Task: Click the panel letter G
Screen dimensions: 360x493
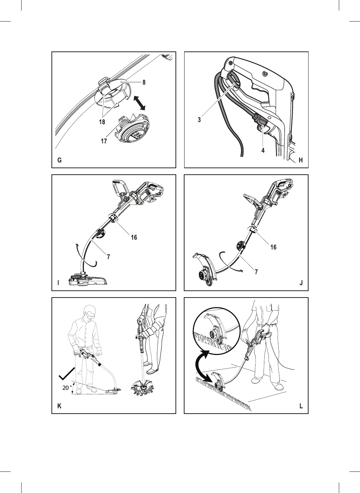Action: [x=59, y=160]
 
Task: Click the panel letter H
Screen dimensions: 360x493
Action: [x=301, y=160]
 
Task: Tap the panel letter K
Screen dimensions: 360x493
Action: [x=59, y=406]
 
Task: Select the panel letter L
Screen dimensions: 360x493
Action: [x=301, y=406]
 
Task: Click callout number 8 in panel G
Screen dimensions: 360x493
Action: [x=144, y=82]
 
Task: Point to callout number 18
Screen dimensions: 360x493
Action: [x=102, y=122]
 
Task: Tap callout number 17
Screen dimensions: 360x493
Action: [x=104, y=141]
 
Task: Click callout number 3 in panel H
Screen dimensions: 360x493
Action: [x=199, y=120]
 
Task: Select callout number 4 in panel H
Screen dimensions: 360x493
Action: [x=263, y=150]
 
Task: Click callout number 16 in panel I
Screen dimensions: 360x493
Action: [x=134, y=237]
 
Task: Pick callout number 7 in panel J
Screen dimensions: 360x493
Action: [x=256, y=272]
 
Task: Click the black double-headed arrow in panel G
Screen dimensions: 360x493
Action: [x=140, y=102]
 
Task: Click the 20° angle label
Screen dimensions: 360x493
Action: [x=67, y=388]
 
